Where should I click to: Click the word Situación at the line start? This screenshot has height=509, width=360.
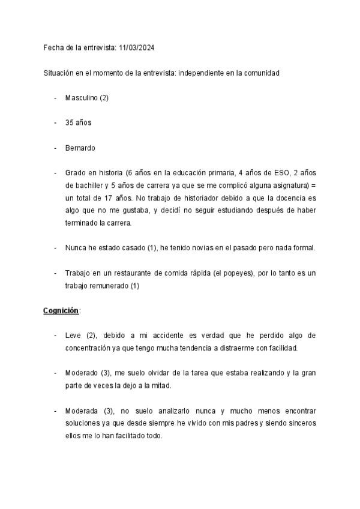pyautogui.click(x=58, y=73)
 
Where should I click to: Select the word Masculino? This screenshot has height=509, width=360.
pyautogui.click(x=82, y=98)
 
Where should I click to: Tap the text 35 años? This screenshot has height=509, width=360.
pyautogui.click(x=78, y=122)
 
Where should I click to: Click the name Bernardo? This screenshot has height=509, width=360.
pyautogui.click(x=80, y=148)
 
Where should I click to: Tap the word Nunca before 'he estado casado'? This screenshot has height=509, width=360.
pyautogui.click(x=76, y=247)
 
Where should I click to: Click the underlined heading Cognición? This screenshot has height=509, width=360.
pyautogui.click(x=61, y=310)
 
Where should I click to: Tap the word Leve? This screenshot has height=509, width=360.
pyautogui.click(x=74, y=336)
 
